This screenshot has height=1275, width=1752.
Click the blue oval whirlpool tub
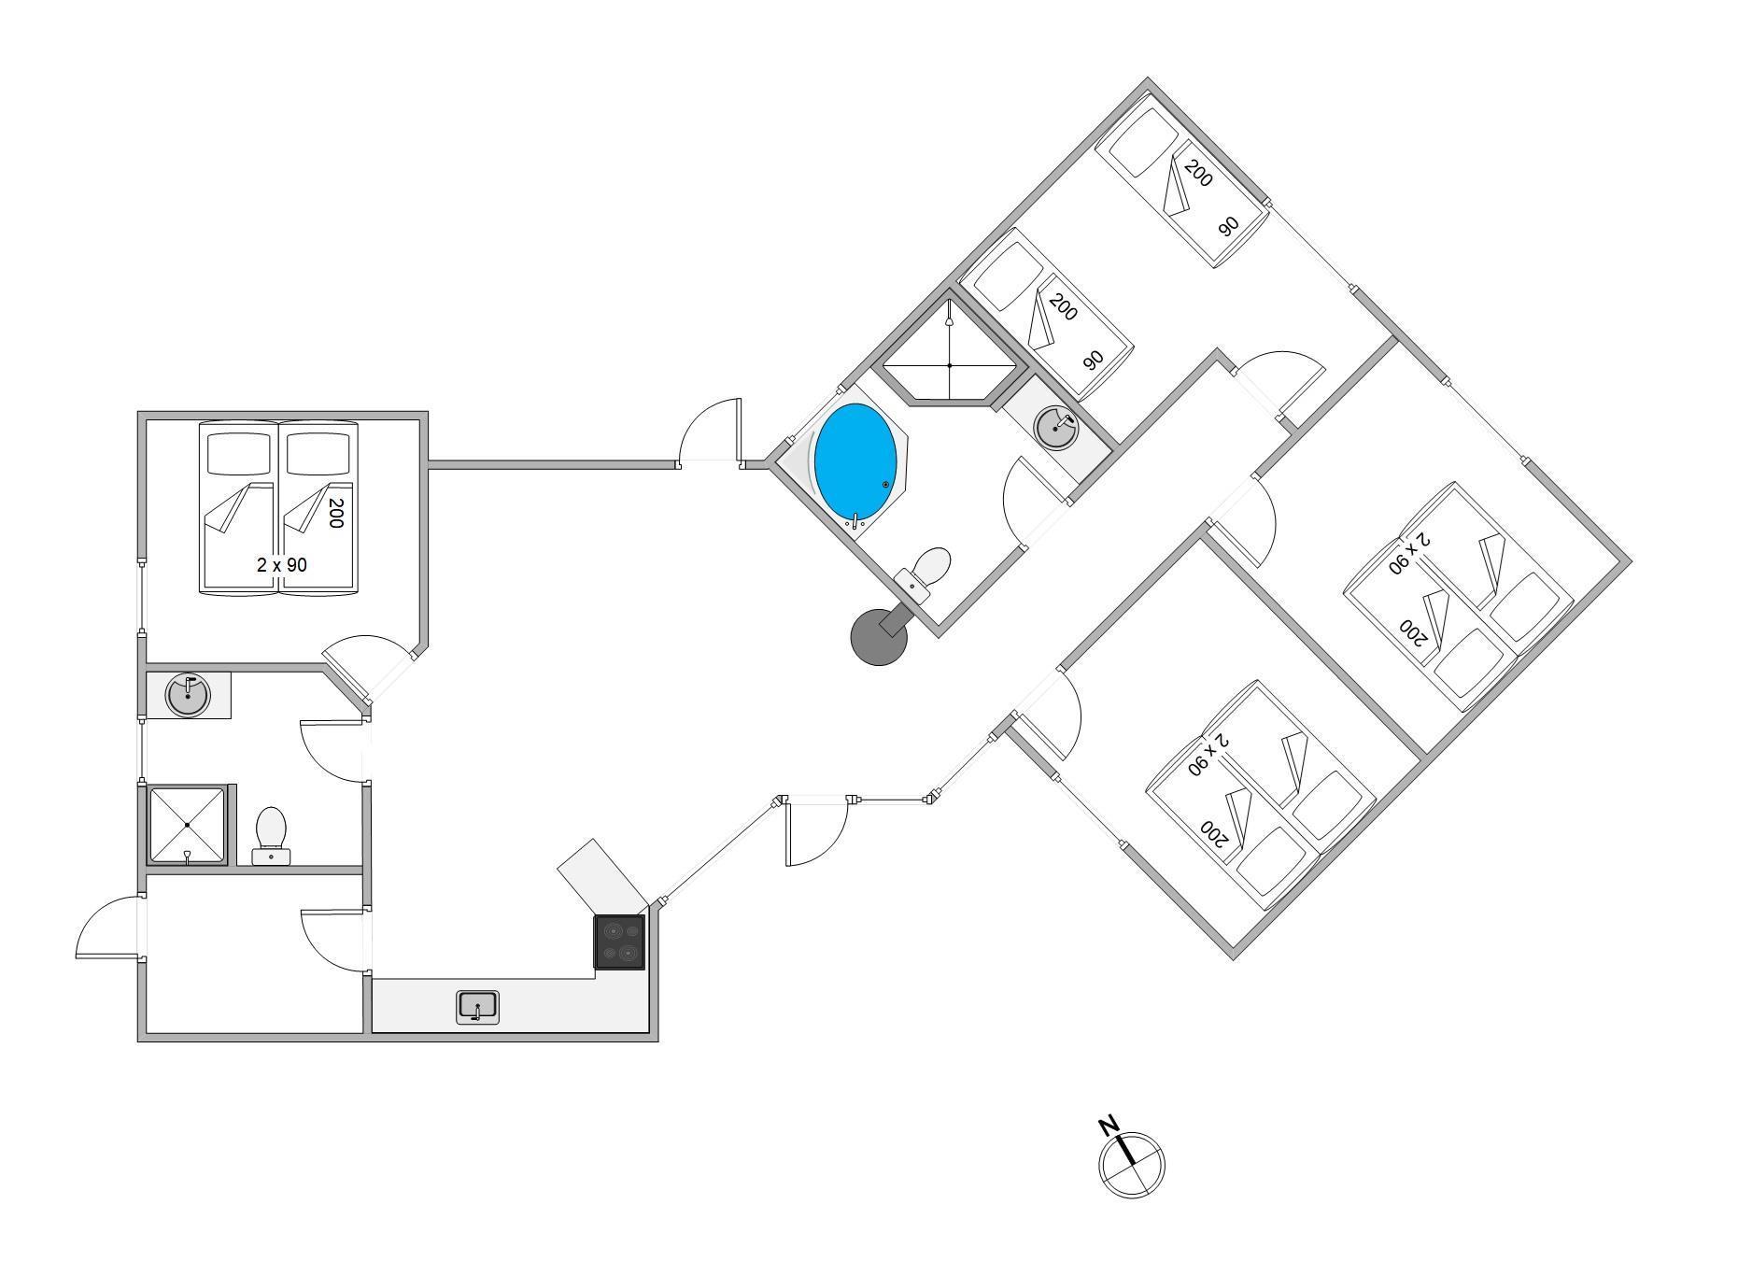point(855,460)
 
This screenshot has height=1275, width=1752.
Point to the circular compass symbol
point(1132,1164)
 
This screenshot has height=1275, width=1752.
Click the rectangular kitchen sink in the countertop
point(477,1008)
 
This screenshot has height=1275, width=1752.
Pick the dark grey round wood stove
point(879,638)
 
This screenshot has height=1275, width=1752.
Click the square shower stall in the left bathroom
point(188,826)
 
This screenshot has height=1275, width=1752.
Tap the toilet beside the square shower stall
point(271,834)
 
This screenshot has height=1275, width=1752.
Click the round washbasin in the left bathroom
point(188,696)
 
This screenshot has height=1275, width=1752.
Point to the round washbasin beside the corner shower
point(1056,429)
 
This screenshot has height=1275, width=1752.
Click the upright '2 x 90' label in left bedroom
point(281,565)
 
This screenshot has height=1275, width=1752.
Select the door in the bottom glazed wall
point(814,830)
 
